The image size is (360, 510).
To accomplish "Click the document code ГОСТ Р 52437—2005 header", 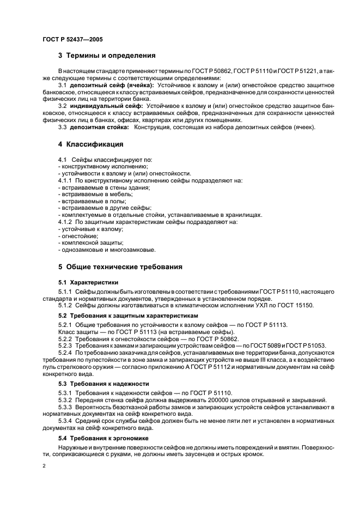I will [72, 40].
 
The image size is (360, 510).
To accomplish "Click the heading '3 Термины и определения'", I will [107, 56].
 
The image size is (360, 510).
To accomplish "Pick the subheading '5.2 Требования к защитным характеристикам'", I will [129, 316].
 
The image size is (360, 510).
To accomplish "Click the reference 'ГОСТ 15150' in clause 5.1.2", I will [294, 305].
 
